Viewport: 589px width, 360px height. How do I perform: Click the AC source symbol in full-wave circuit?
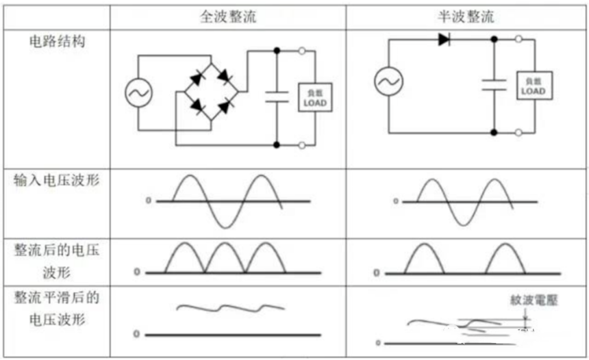tap(138, 93)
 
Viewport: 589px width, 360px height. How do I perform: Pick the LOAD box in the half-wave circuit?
tap(533, 86)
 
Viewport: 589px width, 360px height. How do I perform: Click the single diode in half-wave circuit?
tap(444, 40)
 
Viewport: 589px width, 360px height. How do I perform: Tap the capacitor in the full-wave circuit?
tap(277, 96)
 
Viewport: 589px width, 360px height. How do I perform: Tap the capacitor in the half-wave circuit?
tap(494, 84)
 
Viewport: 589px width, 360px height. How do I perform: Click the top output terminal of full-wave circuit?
tap(302, 51)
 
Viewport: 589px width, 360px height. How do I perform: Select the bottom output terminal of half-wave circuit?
tap(518, 131)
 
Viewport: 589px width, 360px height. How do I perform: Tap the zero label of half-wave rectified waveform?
tap(376, 273)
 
